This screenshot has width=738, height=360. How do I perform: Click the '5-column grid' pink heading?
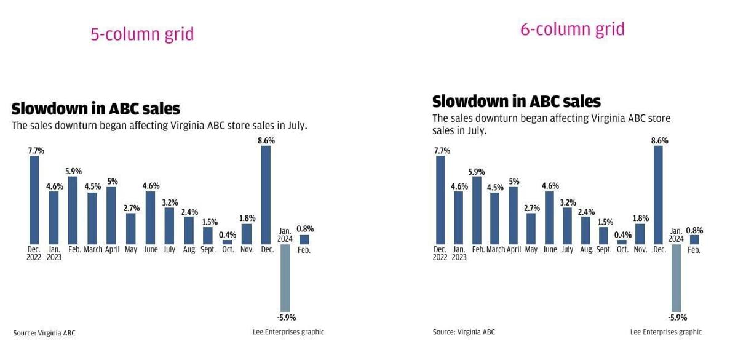142,34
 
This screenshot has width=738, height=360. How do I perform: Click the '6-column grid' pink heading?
572,29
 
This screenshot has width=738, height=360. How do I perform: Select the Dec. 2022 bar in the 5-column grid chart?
34,199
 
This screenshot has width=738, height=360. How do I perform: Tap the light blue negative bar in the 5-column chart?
285,278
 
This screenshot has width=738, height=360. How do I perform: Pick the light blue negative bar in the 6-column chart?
676,278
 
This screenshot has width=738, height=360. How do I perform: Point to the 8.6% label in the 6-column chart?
660,140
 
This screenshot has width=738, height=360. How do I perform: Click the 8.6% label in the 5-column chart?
266,140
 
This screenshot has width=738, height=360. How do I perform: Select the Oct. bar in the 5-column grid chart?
228,242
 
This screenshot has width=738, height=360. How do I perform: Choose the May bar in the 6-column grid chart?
532,228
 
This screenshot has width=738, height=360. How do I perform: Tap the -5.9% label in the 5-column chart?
286,318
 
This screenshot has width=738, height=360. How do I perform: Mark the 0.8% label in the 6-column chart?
694,230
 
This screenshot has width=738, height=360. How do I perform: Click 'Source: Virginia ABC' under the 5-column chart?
44,333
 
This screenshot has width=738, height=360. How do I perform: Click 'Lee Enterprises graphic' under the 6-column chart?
665,332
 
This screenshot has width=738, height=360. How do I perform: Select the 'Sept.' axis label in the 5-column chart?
208,250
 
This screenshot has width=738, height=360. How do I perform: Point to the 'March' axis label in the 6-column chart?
496,250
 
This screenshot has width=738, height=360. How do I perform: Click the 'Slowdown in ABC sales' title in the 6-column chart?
516,101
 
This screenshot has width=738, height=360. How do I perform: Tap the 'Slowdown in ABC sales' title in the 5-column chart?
96,109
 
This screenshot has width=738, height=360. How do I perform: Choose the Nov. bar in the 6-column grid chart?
640,234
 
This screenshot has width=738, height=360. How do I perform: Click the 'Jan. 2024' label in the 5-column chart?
285,235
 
